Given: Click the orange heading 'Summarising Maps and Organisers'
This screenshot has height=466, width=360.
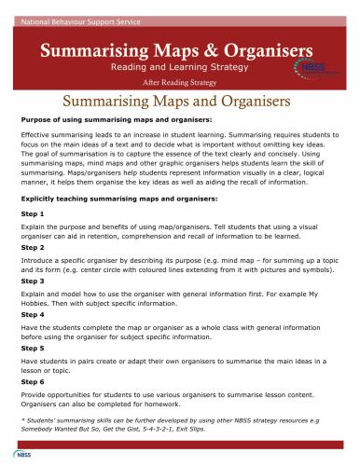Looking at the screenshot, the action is (x=180, y=100).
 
